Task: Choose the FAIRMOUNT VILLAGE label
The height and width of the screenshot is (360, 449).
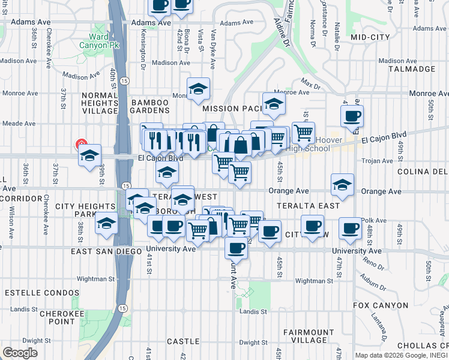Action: (309, 337)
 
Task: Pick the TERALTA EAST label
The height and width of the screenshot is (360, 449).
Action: (308, 205)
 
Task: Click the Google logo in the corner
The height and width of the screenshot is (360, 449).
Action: (20, 353)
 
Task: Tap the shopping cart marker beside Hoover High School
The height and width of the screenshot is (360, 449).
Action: (304, 132)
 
